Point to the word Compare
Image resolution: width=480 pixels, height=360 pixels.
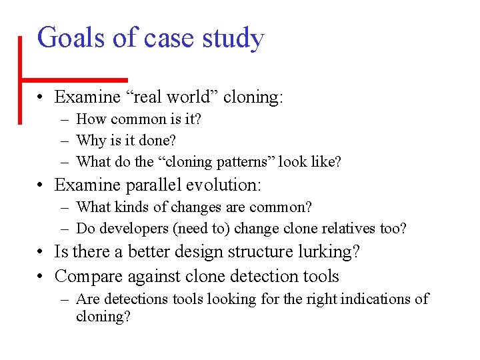(86, 277)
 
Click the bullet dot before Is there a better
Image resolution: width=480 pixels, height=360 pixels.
(41, 252)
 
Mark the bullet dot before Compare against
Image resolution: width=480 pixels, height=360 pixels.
(41, 276)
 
